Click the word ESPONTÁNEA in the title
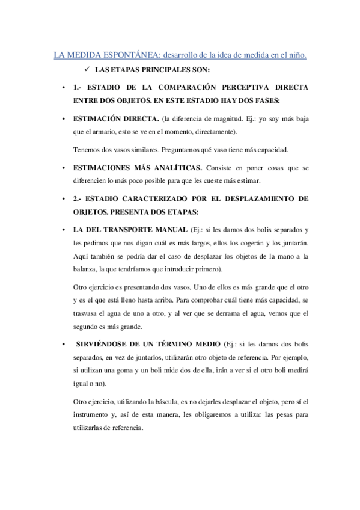pos(120,55)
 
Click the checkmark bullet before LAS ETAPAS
pos(88,70)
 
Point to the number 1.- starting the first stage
pos(78,87)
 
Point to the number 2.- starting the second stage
pos(78,198)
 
